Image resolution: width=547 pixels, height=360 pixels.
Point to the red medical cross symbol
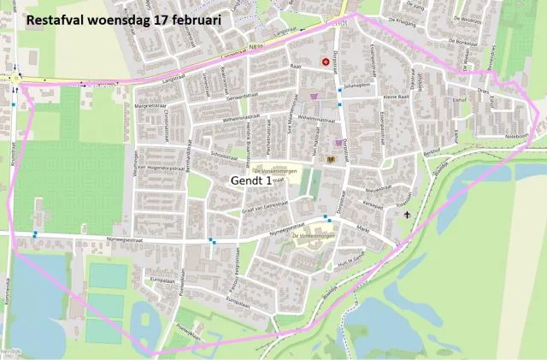tap(326, 62)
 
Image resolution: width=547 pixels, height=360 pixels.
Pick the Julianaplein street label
tap(358, 86)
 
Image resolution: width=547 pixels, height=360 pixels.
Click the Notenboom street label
tap(518, 133)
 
